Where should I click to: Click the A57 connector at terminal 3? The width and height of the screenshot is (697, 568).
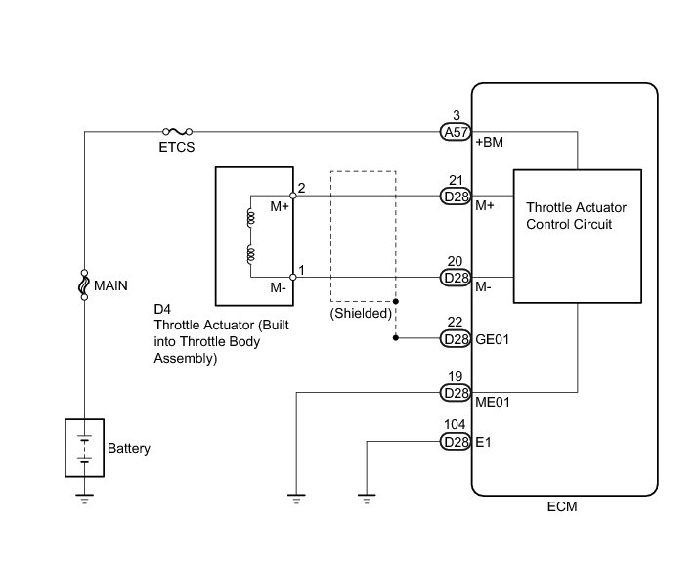456,130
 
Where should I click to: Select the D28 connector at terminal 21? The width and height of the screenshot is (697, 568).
456,197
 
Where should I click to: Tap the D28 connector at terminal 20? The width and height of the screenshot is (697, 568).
456,278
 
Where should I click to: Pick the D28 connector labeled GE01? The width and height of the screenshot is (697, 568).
456,339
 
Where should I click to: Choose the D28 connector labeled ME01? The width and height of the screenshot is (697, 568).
456,392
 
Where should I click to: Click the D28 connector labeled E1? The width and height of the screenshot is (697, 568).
456,442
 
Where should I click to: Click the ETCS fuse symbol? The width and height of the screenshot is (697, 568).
178,130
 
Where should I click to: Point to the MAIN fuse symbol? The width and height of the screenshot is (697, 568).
85,285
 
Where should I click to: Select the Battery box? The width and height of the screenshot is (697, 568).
85,449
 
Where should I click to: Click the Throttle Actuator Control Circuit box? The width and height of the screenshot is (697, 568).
578,236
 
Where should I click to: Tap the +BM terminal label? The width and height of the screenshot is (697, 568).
489,144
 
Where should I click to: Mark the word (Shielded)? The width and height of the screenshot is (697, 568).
361,314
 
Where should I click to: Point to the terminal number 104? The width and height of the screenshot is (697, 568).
456,425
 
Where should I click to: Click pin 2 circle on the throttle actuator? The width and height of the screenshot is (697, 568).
293,196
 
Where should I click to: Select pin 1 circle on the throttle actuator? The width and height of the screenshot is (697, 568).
293,278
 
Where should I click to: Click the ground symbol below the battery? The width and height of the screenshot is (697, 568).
85,498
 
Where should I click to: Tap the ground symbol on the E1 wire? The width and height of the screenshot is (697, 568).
367,498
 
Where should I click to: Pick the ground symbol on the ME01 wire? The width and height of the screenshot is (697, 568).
295,498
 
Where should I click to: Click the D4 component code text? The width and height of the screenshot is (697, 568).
162,310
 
